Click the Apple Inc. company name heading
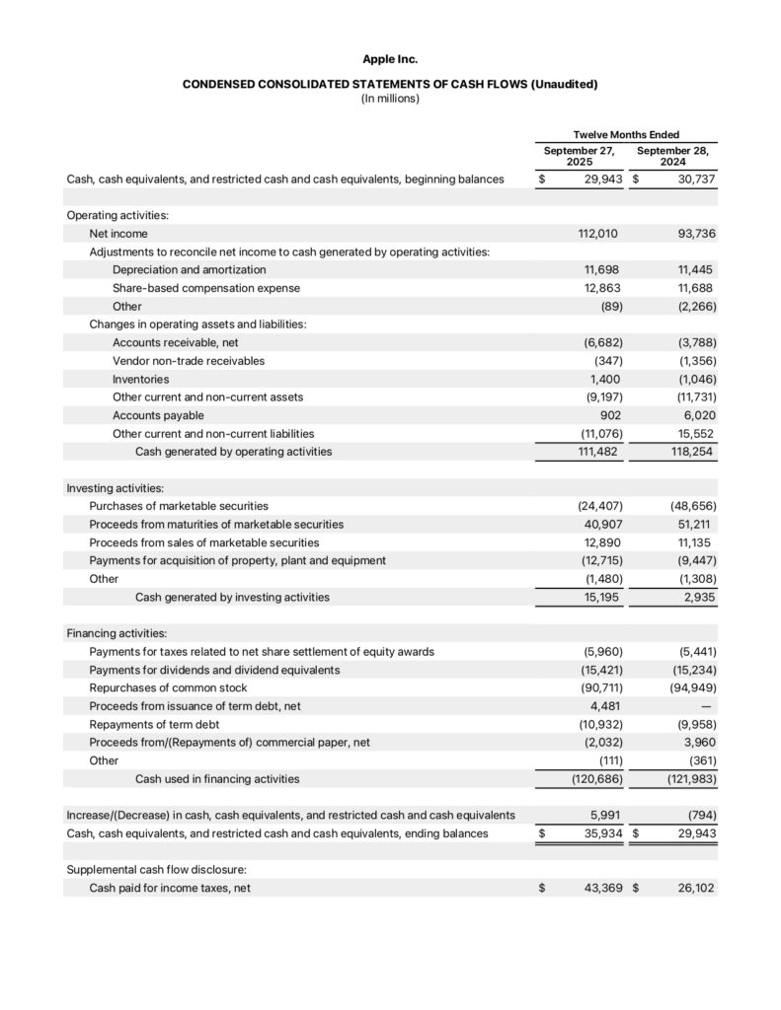coord(390,60)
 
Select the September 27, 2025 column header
coord(579,156)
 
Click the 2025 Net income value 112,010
coord(599,234)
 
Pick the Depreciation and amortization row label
coord(189,269)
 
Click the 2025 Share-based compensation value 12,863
coord(602,288)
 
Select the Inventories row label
coord(140,379)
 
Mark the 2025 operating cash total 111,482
coord(600,452)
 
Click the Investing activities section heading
coord(115,487)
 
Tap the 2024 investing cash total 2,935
coord(698,597)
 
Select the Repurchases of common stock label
coord(168,687)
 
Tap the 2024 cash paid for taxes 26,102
coord(695,888)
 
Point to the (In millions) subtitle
coord(390,99)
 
